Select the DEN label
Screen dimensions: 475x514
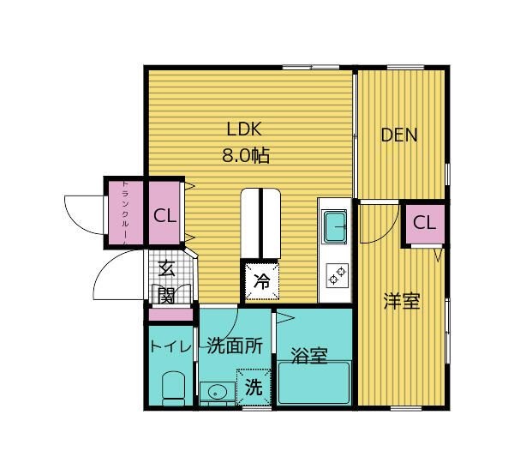[399, 135]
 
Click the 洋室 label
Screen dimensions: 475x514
[400, 302]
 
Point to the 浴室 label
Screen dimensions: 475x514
[309, 356]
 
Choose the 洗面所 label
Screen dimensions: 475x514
[234, 346]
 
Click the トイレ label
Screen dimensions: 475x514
[170, 346]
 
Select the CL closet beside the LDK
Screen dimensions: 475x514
[164, 215]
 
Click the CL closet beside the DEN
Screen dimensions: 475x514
[424, 223]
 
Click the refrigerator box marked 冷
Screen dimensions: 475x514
[262, 280]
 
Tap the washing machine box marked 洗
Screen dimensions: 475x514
[254, 387]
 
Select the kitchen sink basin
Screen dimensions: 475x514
[334, 228]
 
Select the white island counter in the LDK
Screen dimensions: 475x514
[262, 223]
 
